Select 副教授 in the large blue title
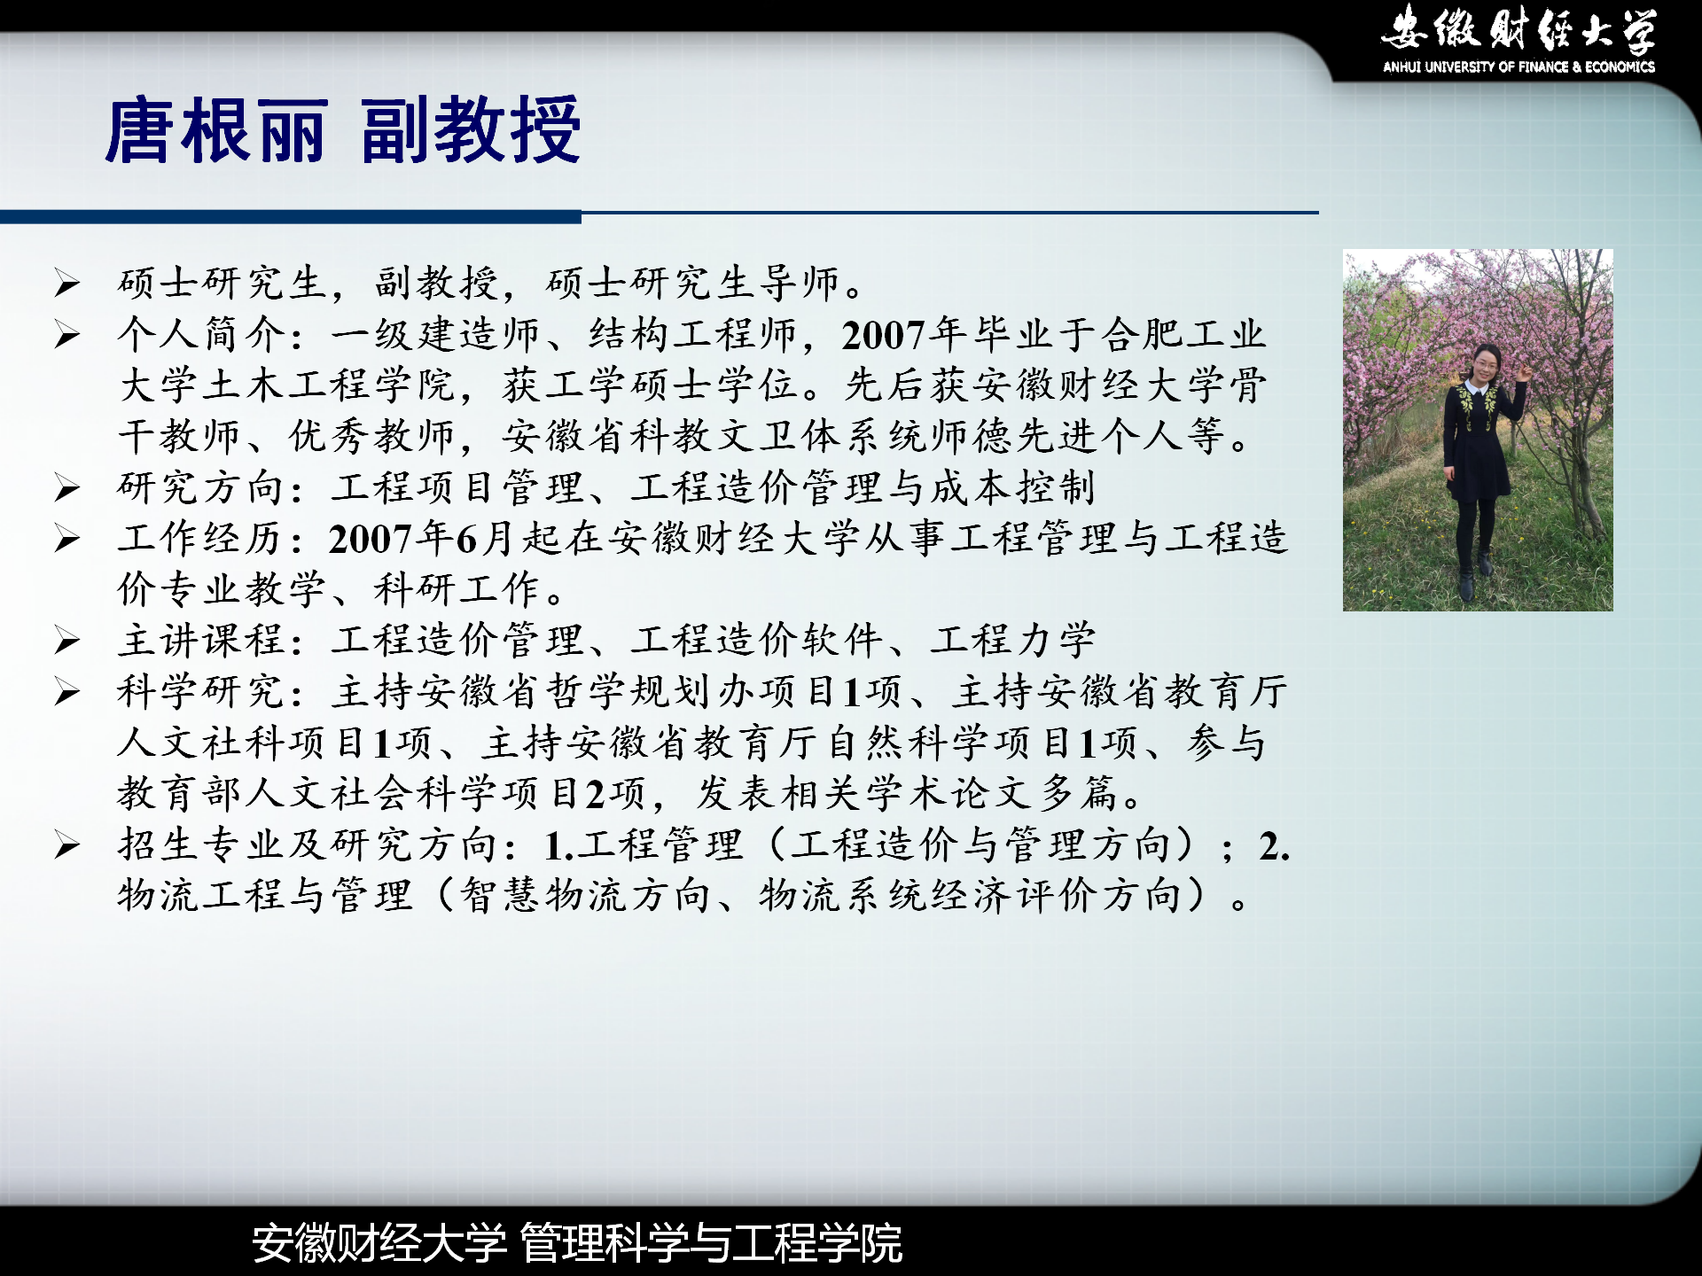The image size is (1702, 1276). [471, 131]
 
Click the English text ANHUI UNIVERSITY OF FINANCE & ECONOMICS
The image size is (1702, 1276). [1519, 66]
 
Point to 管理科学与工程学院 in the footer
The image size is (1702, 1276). [711, 1242]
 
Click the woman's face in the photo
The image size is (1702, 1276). [1480, 363]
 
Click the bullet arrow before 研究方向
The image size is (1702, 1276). [67, 487]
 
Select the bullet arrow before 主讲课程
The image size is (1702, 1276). [67, 640]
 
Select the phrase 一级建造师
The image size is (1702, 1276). [435, 335]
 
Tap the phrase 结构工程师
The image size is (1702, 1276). [692, 335]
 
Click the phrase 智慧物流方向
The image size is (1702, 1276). [585, 895]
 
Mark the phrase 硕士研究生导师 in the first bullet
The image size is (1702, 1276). [692, 284]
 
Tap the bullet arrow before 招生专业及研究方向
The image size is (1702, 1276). [67, 844]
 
